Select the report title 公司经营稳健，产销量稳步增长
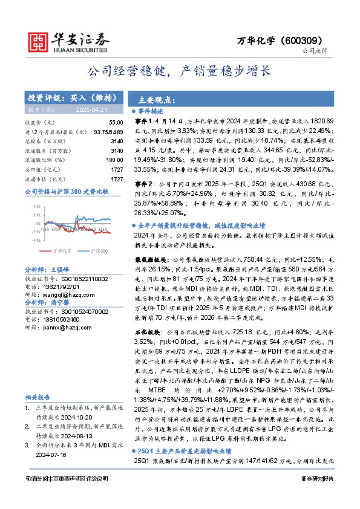pyautogui.click(x=180, y=71)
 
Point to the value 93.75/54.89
pyautogui.click(x=108, y=131)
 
